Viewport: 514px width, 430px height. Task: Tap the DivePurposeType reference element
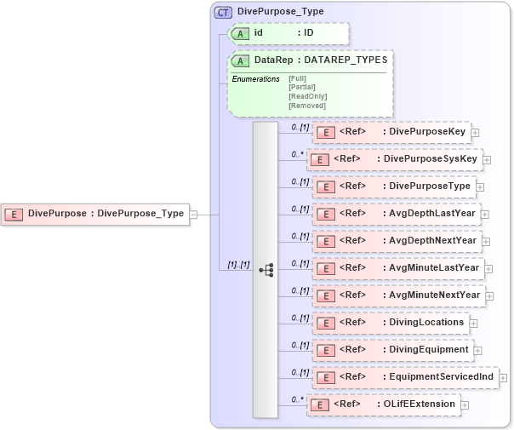pyautogui.click(x=392, y=186)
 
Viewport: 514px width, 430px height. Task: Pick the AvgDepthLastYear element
pyautogui.click(x=396, y=213)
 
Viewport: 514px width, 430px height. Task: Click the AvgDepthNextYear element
pyautogui.click(x=396, y=240)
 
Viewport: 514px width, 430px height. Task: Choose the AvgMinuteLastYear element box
pyautogui.click(x=398, y=267)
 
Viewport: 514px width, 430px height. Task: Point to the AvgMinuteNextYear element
pyautogui.click(x=397, y=295)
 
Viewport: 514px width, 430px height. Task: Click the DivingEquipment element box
pyautogui.click(x=392, y=349)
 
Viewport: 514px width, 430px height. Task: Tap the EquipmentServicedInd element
pyautogui.click(x=405, y=376)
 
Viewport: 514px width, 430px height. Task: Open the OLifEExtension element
pyautogui.click(x=383, y=404)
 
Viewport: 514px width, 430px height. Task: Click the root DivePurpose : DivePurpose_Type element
pyautogui.click(x=95, y=214)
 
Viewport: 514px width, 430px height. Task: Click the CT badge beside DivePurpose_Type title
pyautogui.click(x=224, y=12)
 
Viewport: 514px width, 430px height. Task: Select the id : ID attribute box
pyautogui.click(x=289, y=33)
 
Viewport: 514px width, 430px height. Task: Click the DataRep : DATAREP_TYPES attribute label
pyautogui.click(x=320, y=60)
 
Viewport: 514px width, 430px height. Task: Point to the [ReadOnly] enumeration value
pyautogui.click(x=307, y=96)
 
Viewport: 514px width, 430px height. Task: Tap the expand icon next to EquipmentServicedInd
pyautogui.click(x=504, y=377)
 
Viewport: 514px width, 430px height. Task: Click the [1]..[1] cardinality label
pyautogui.click(x=231, y=266)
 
